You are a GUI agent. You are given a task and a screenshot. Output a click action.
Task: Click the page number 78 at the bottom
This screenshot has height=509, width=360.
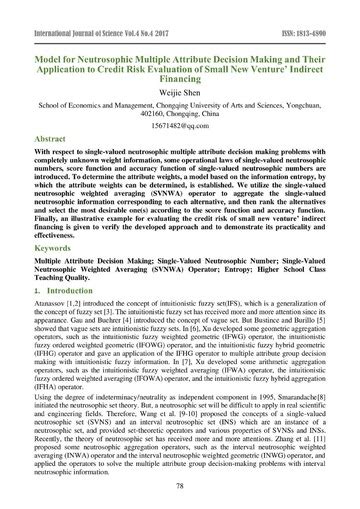180,486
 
